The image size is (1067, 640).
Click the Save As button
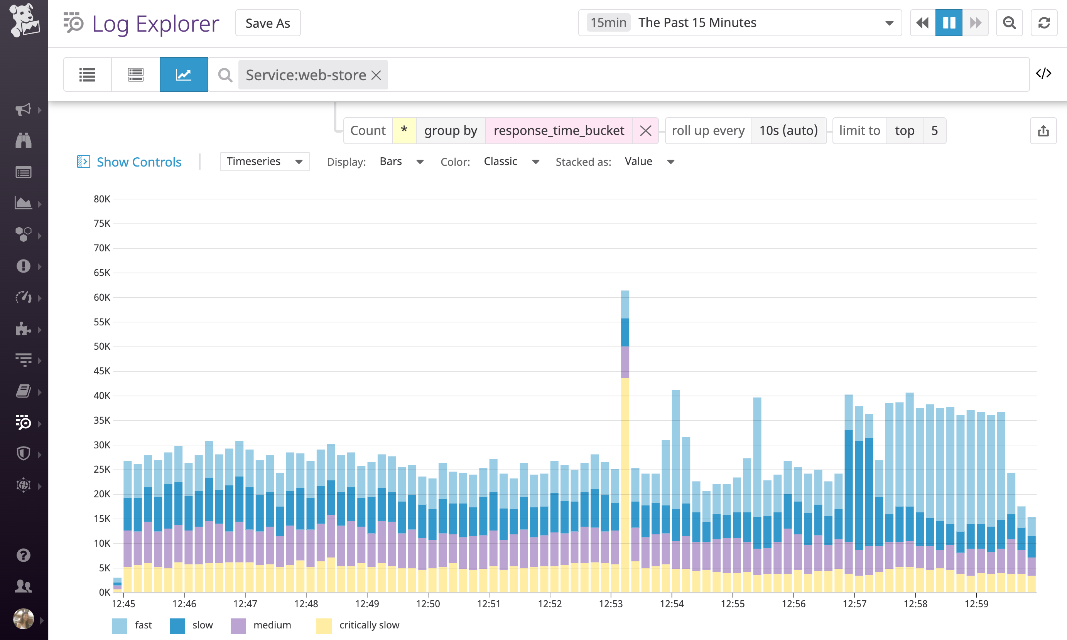pos(267,23)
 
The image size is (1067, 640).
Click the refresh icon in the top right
pos(1044,23)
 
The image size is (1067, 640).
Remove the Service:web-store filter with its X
pos(376,75)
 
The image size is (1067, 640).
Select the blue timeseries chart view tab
pos(184,75)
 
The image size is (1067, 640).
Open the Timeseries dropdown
pos(265,161)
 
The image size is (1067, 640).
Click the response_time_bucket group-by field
pos(559,130)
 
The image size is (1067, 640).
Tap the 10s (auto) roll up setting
pos(788,130)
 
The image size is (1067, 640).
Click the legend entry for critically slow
pos(369,625)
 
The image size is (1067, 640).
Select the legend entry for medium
pos(272,625)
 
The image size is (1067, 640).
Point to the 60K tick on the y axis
pos(102,297)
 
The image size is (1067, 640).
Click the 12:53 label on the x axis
pos(611,604)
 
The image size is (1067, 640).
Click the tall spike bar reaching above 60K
pos(625,431)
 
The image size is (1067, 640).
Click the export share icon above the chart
pos(1043,131)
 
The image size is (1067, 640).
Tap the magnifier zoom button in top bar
pos(1009,23)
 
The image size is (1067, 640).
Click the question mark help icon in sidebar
pos(23,555)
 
